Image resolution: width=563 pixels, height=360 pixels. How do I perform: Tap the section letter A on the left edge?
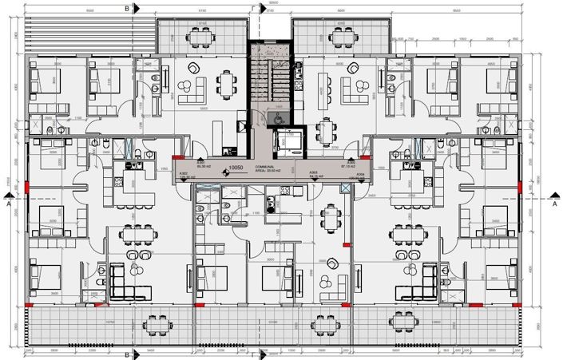pyautogui.click(x=8, y=204)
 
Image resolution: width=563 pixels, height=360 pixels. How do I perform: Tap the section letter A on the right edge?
pyautogui.click(x=554, y=204)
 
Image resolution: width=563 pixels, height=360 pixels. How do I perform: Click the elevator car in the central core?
pyautogui.click(x=284, y=141)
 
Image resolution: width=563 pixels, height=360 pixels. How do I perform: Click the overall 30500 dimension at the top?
pyautogui.click(x=273, y=4)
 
